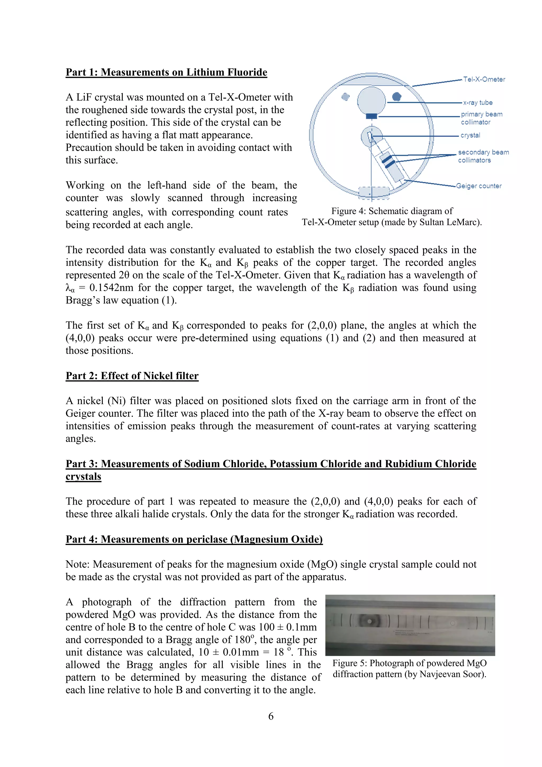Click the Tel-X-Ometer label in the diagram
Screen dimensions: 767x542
(484, 79)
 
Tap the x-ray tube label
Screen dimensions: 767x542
(478, 102)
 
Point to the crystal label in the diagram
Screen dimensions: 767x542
(470, 135)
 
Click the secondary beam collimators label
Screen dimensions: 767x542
(483, 156)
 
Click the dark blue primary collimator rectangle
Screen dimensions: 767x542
(372, 116)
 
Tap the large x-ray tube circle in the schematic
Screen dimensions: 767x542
(372, 100)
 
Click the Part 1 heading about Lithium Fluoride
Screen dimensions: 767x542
(166, 73)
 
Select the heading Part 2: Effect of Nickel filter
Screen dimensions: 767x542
(132, 376)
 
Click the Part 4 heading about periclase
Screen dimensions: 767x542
(194, 539)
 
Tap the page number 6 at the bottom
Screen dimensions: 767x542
(271, 716)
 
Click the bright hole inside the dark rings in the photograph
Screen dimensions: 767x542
(370, 622)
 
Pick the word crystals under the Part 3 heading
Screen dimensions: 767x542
(83, 477)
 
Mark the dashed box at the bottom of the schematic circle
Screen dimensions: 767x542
(373, 193)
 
